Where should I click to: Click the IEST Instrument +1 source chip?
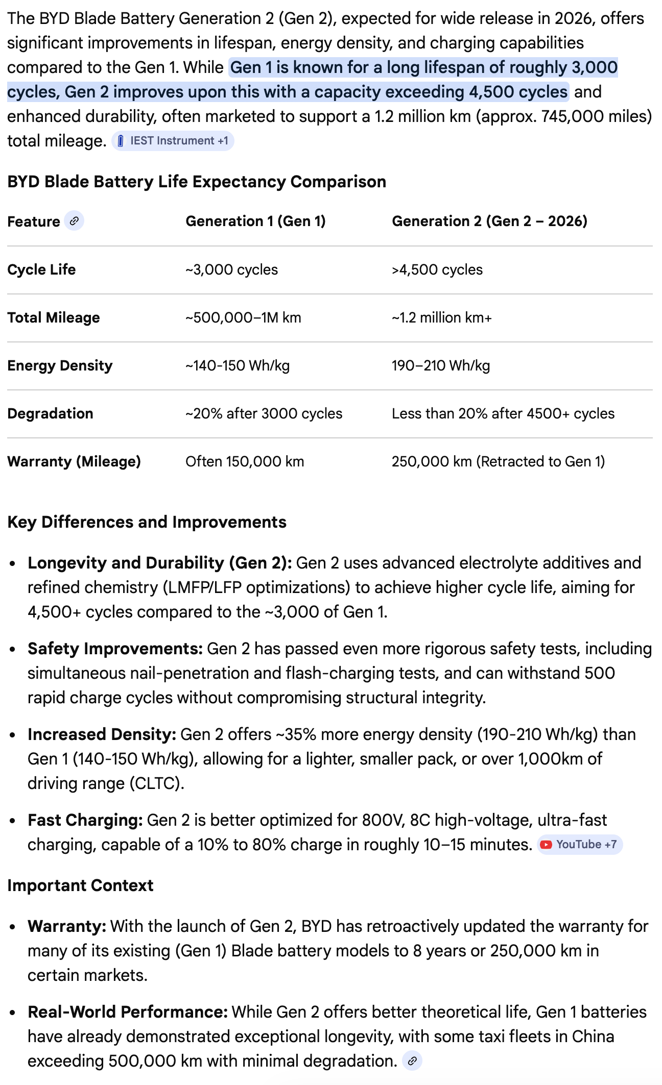[173, 141]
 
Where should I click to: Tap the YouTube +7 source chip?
[580, 845]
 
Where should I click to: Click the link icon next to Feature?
[74, 221]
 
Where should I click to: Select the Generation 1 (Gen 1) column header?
[255, 221]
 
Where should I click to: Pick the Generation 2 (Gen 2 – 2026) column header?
[489, 221]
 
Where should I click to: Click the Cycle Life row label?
[41, 269]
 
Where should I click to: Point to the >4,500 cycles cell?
[437, 269]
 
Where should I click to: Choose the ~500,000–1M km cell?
[243, 317]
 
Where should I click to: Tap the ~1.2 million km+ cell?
[441, 317]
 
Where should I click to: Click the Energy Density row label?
[60, 365]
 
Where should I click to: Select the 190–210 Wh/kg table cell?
[441, 365]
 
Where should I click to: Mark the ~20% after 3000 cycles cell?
[264, 413]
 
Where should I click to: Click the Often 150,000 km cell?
[245, 461]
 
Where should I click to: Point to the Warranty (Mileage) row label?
[74, 461]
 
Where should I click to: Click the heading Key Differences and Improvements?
[147, 522]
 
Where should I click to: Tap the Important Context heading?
[80, 885]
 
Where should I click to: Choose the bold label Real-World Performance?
[128, 1012]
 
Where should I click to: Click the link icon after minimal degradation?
[412, 1061]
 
